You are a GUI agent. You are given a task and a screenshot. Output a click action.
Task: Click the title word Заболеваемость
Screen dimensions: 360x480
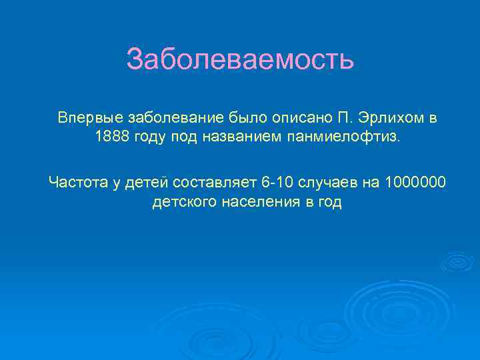click(x=240, y=59)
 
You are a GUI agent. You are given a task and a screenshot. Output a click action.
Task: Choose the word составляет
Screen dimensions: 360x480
click(x=216, y=181)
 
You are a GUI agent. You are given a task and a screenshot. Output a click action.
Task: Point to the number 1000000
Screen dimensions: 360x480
click(x=416, y=181)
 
